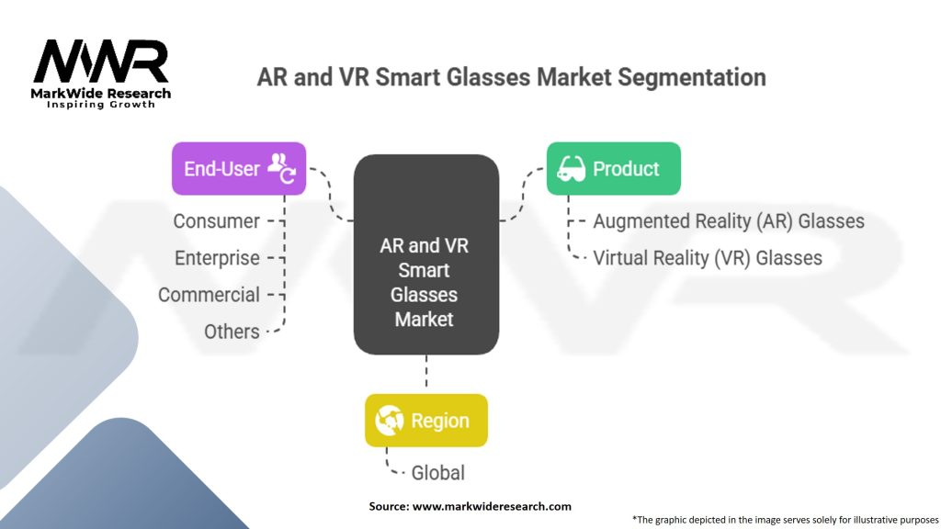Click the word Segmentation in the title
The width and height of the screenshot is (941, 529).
[x=691, y=76]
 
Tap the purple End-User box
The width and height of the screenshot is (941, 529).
[x=239, y=168]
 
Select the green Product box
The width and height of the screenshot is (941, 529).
[x=613, y=168]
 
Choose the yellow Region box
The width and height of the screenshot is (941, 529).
[x=425, y=421]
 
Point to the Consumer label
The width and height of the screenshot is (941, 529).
[x=217, y=221]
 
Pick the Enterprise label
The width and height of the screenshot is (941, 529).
[x=218, y=258]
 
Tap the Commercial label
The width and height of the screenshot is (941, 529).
[x=210, y=295]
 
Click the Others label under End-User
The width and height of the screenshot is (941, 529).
[x=232, y=332]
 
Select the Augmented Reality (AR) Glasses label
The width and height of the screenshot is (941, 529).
[x=729, y=221]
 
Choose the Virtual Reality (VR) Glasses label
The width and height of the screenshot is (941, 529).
[x=708, y=258]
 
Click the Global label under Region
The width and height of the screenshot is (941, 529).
[x=438, y=473]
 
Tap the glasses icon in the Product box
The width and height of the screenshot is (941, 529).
[x=572, y=168]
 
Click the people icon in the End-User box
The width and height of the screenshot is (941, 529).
[x=281, y=167]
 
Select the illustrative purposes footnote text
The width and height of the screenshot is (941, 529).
[x=786, y=519]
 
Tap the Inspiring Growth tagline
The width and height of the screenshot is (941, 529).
[x=101, y=105]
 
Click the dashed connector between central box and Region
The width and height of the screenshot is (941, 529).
[x=425, y=374]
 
